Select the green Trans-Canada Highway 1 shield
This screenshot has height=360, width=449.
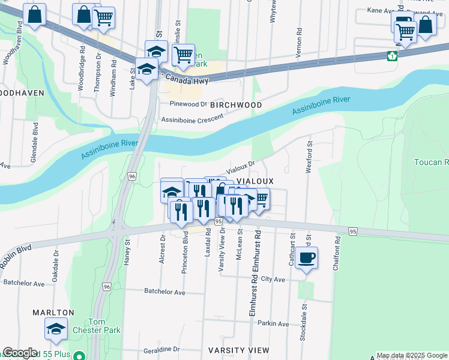coord(392,56)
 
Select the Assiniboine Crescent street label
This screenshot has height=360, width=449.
coord(192,119)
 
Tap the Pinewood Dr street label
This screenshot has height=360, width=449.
coord(187,103)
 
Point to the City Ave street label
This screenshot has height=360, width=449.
coord(273,280)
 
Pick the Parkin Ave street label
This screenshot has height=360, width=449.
coord(273,324)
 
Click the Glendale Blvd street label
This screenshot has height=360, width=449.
coord(35,143)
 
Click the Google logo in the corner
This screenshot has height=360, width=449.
coord(20,353)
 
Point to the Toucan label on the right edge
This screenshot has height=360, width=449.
coord(431,163)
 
